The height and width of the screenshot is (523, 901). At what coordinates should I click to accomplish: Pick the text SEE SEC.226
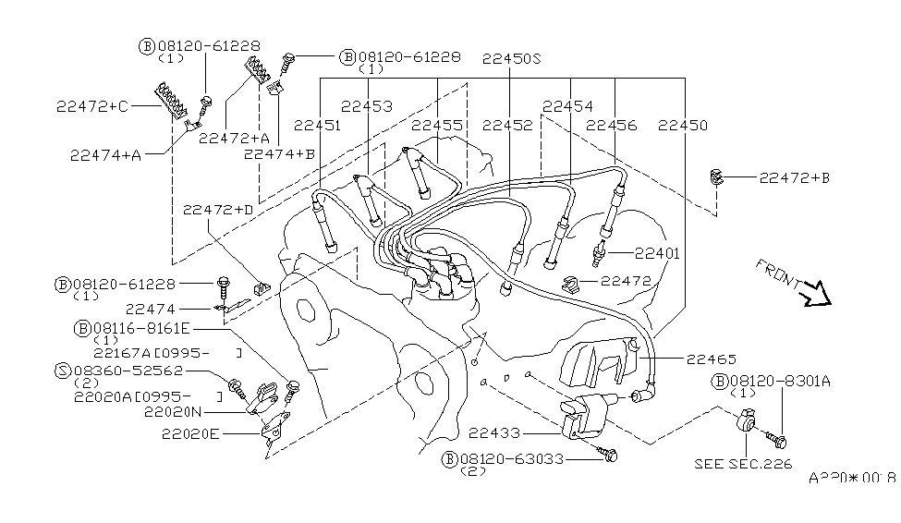743,465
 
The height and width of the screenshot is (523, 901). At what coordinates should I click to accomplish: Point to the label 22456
611,125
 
